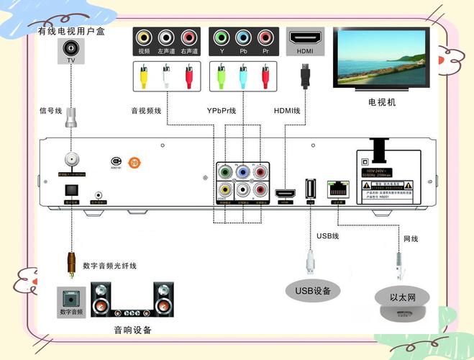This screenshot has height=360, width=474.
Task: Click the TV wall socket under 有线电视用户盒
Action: click(70, 50)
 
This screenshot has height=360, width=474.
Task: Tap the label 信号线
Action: click(51, 111)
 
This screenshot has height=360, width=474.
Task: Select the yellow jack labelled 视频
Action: click(145, 37)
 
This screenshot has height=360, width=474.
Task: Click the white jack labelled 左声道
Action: click(167, 37)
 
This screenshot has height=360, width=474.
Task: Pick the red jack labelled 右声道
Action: click(189, 37)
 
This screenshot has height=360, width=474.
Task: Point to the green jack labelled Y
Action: click(222, 37)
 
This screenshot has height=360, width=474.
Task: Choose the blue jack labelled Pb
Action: click(244, 37)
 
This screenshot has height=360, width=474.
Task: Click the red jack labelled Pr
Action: click(265, 37)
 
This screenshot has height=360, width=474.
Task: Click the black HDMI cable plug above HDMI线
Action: click(305, 73)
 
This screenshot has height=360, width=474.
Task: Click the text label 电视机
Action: click(382, 102)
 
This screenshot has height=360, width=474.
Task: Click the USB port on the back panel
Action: click(311, 189)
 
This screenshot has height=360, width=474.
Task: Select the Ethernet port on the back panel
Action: click(335, 189)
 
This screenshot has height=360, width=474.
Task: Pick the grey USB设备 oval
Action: click(312, 291)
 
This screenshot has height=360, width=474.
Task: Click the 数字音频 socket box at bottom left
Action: click(70, 300)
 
